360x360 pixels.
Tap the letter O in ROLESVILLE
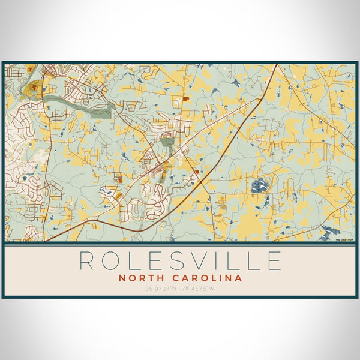pyautogui.click(x=113, y=261)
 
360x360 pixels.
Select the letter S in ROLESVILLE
pyautogui.click(x=179, y=261)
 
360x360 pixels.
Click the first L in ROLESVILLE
pyautogui.click(x=136, y=261)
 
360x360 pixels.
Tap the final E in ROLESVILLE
pyautogui.click(x=274, y=261)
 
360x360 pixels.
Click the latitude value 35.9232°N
pyautogui.click(x=161, y=290)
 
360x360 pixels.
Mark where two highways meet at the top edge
pyautogui.click(x=275, y=65)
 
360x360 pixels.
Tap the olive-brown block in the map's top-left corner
pyautogui.click(x=32, y=88)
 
